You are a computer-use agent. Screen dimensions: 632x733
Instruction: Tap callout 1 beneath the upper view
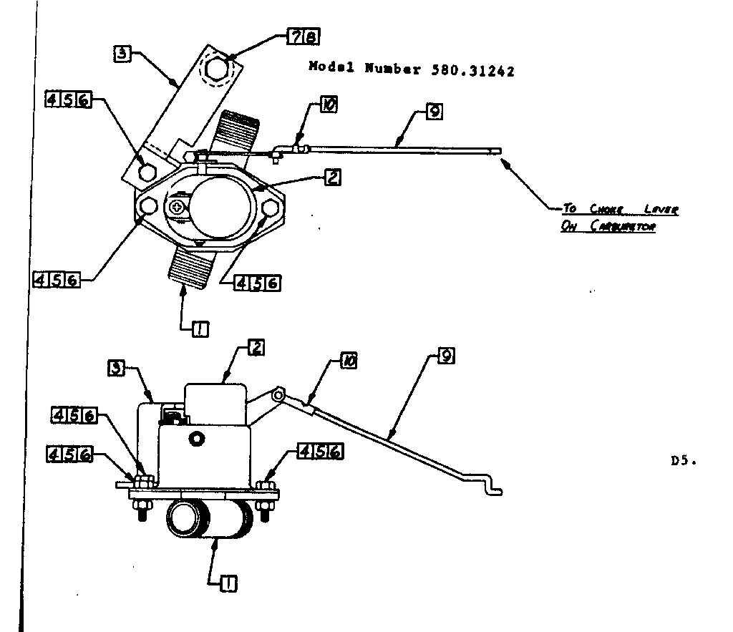(x=200, y=329)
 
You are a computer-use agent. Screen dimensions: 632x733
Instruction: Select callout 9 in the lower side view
(x=445, y=356)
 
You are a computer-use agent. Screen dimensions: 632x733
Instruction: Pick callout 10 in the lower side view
(x=349, y=361)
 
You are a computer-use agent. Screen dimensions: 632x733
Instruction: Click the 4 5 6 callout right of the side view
(x=319, y=452)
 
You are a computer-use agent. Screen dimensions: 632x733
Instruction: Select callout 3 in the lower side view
(x=117, y=369)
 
